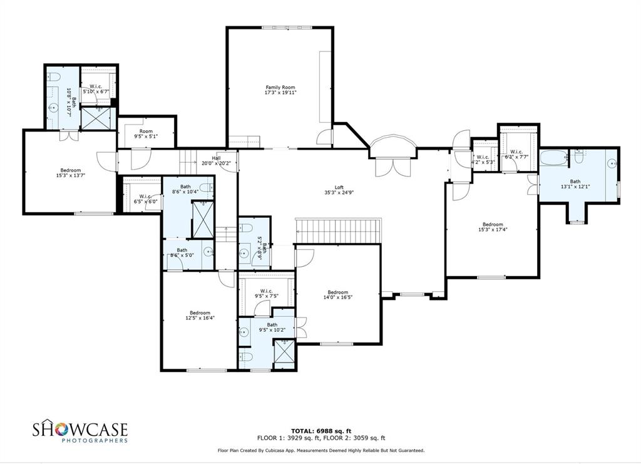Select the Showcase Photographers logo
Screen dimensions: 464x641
pos(80,431)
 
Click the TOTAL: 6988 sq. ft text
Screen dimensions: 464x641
pos(320,431)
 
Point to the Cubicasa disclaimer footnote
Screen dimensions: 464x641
pos(320,450)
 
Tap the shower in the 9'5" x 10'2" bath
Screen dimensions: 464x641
pos(285,351)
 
